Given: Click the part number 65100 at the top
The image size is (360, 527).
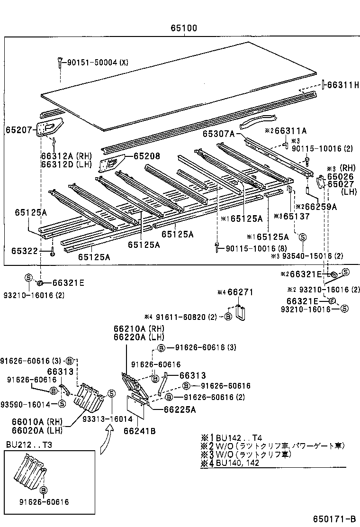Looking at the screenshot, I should [x=184, y=28].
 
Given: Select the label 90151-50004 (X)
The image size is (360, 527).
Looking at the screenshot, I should [x=97, y=63].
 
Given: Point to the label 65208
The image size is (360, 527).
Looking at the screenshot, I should [x=146, y=156].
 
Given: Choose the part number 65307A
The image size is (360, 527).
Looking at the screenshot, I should [x=219, y=134].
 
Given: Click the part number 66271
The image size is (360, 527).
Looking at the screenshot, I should [x=241, y=292].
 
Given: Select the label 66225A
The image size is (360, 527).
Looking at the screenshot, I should [x=180, y=409].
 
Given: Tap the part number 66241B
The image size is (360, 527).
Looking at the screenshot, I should [x=140, y=431].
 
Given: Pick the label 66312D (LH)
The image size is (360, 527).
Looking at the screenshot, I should [x=60, y=164].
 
